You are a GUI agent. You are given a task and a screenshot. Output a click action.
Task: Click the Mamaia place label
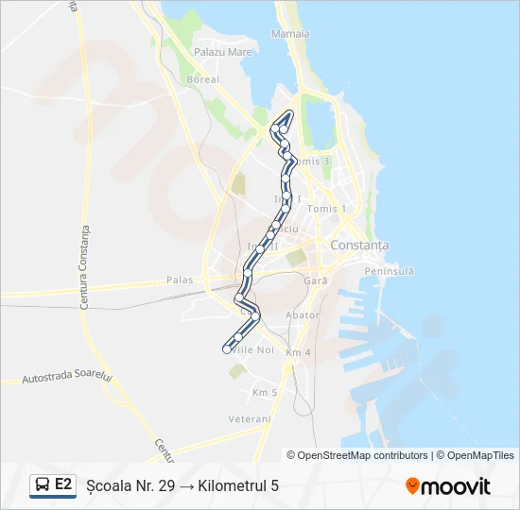[x=290, y=34]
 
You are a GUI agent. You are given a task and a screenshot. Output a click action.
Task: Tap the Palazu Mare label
[x=223, y=53]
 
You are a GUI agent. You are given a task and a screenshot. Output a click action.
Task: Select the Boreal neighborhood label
[x=203, y=80]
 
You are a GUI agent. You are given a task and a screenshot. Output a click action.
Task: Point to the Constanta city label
[x=359, y=246]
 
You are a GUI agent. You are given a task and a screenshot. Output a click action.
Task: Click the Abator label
[x=303, y=315]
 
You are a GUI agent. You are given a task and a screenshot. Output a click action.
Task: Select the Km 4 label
[x=298, y=352]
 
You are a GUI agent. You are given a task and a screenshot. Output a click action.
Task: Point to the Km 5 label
[x=265, y=392]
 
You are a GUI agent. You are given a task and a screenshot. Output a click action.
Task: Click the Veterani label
[x=250, y=418]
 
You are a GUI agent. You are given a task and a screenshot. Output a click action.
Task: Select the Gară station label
[x=315, y=281]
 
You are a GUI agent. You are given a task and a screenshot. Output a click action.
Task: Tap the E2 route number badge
[x=63, y=484]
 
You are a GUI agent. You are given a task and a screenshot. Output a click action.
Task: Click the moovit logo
[x=448, y=486]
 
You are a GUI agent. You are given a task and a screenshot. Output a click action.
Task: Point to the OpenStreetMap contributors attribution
[x=357, y=455]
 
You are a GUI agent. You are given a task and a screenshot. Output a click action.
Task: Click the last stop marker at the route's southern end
[x=227, y=349]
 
